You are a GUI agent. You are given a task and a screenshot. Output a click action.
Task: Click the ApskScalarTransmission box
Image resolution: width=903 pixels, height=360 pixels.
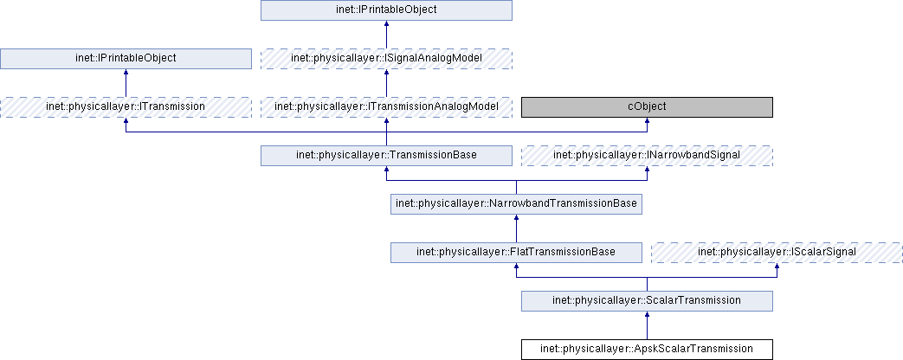point(646,350)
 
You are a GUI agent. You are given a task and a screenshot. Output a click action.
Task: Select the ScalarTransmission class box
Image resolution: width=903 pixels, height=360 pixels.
point(646,301)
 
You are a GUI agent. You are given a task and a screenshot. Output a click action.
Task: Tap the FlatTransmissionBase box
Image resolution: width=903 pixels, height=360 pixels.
point(516,253)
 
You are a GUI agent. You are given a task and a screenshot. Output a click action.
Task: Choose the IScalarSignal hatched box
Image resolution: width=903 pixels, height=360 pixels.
point(777,253)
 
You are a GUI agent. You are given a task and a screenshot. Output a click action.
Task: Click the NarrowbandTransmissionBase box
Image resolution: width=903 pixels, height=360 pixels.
point(516,204)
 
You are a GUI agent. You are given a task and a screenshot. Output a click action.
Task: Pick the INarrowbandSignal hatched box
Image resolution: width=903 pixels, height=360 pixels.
point(646,156)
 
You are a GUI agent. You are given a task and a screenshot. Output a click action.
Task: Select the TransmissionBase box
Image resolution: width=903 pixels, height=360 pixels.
point(386,156)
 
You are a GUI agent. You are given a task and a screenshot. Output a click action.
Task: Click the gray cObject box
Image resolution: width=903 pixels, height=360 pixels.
point(646,107)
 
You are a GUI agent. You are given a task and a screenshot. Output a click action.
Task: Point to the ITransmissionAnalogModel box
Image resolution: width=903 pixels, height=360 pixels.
point(386,107)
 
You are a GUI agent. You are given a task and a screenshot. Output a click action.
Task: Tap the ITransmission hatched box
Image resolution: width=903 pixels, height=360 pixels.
point(126,107)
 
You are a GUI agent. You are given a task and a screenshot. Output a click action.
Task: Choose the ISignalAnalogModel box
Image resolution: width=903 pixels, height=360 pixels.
point(386,59)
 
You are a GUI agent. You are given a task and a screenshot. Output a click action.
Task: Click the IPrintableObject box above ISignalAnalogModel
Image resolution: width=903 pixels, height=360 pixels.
point(386,10)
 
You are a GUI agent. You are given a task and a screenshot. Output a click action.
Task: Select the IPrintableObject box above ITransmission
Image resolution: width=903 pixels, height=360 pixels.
point(126,59)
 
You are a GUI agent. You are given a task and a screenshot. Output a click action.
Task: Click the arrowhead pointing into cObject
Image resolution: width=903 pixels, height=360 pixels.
point(647,122)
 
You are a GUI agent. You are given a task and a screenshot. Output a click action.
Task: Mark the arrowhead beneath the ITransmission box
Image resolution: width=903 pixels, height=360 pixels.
point(126,122)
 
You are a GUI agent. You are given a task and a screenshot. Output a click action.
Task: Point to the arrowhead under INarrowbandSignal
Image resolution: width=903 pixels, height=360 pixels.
point(647,170)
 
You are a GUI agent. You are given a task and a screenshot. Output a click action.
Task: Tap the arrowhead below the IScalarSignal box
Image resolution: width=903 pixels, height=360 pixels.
point(777,267)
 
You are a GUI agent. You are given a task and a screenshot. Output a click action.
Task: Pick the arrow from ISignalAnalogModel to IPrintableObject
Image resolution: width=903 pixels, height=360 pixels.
point(386,35)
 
